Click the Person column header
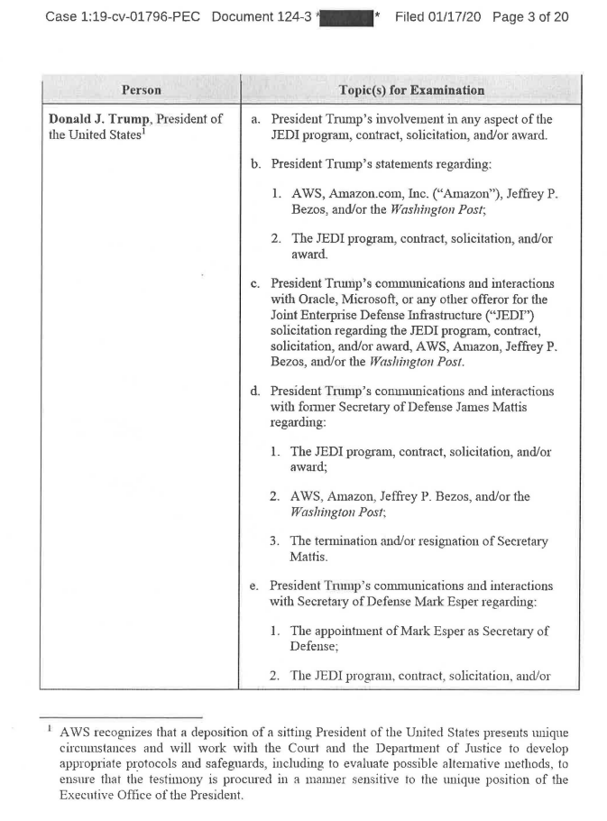tap(142, 91)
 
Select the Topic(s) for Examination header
tap(411, 91)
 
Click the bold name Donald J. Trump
tap(100, 119)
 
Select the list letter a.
tap(256, 119)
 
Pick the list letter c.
tap(256, 284)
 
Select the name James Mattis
tap(505, 406)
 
